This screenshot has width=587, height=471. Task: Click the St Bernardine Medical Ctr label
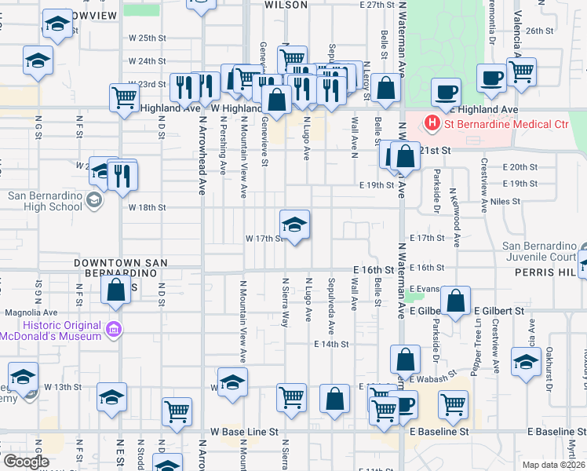pos(506,123)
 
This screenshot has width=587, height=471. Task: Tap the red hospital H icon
pos(432,123)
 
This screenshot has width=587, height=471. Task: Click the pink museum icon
pos(115,330)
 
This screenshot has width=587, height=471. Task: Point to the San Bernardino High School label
pos(45,201)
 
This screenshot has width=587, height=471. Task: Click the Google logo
pos(25,462)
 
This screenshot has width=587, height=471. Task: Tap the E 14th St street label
pos(330,345)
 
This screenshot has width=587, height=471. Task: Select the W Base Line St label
pos(244,432)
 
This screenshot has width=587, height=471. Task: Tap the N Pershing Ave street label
pos(223,145)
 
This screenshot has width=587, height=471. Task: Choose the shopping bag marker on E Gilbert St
pos(455,301)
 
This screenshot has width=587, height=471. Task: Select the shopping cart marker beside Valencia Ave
pos(521,72)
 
